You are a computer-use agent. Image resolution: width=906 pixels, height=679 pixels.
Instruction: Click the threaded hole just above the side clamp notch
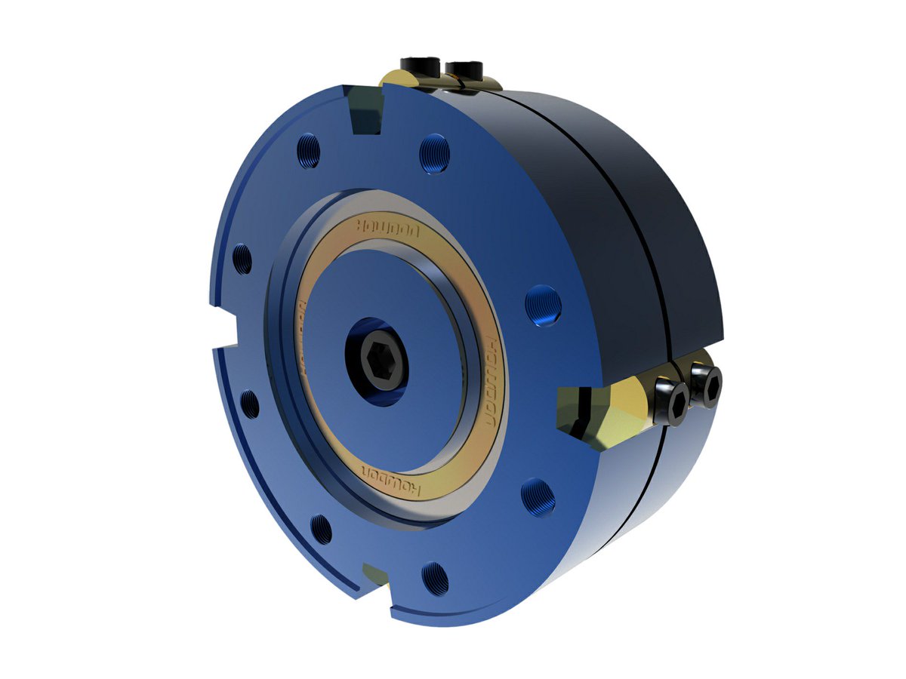tap(543, 306)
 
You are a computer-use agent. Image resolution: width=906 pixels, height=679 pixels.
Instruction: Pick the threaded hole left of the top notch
tap(308, 150)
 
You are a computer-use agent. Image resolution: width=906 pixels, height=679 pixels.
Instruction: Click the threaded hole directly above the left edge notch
tap(242, 259)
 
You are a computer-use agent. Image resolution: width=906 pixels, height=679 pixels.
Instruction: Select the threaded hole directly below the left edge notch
tap(248, 404)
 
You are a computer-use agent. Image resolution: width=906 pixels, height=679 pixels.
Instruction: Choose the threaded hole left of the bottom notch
tap(322, 529)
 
